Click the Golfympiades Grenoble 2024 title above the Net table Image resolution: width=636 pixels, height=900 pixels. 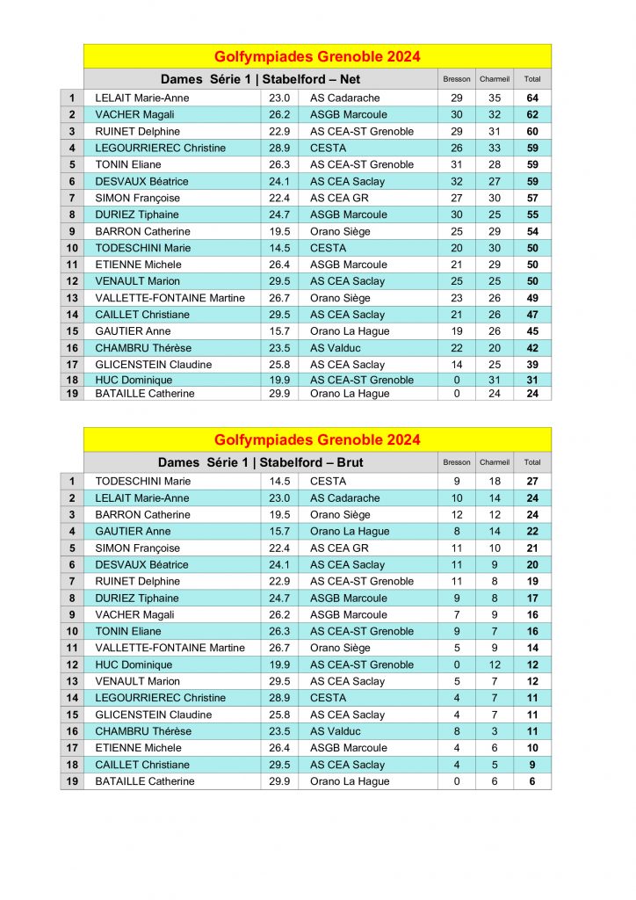point(317,57)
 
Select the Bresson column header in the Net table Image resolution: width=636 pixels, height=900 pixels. point(457,79)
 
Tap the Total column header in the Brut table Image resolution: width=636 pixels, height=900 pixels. point(532,462)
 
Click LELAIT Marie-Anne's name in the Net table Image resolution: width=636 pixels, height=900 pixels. point(142,98)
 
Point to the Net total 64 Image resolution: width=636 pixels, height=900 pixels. point(532,98)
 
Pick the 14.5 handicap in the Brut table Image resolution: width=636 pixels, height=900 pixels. point(279,482)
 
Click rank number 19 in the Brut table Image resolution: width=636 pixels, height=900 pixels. point(72,781)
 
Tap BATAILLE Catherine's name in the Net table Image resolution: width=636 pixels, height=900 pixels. point(145,394)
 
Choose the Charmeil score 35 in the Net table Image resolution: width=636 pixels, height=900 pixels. point(495,98)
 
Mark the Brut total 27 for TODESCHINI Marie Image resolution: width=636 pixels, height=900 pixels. point(532,482)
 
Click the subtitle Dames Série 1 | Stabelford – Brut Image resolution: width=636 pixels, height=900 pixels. point(260,462)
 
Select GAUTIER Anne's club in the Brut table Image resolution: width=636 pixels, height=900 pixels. point(350,532)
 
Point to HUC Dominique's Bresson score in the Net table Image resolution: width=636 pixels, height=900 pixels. point(457,381)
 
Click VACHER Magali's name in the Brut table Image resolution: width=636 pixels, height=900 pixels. point(134,615)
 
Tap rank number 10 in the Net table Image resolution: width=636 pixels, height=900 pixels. point(72,248)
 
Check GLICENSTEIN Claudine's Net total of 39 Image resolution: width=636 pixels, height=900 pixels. point(532,365)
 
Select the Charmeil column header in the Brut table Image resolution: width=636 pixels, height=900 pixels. point(495,462)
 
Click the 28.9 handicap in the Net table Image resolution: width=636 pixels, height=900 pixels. point(279,149)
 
